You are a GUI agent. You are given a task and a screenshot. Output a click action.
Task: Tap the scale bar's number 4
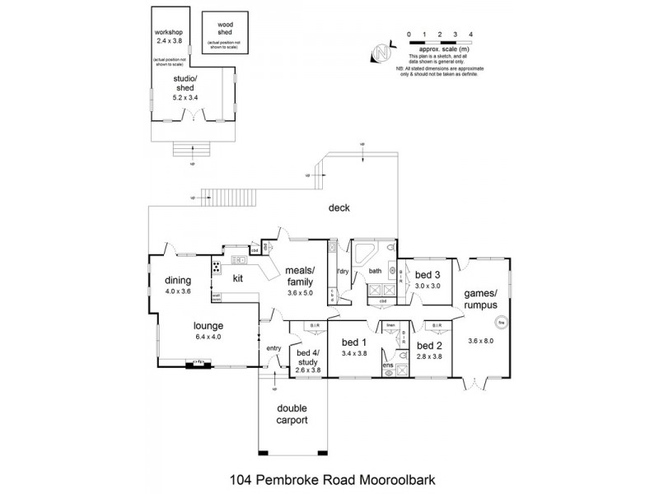(x=470, y=35)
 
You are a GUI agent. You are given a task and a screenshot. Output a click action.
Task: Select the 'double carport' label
(x=292, y=414)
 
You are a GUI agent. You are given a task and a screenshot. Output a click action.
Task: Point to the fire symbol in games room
(x=498, y=322)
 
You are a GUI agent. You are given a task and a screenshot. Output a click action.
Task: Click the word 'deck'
(x=339, y=208)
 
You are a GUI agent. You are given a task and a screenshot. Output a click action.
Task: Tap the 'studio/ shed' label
(x=185, y=86)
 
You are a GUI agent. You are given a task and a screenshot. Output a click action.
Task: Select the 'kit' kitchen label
(x=237, y=279)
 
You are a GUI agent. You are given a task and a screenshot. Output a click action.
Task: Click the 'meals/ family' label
(x=299, y=276)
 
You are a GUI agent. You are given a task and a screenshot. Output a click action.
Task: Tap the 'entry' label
(x=273, y=349)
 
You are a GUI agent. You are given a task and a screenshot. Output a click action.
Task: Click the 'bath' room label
(x=376, y=270)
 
